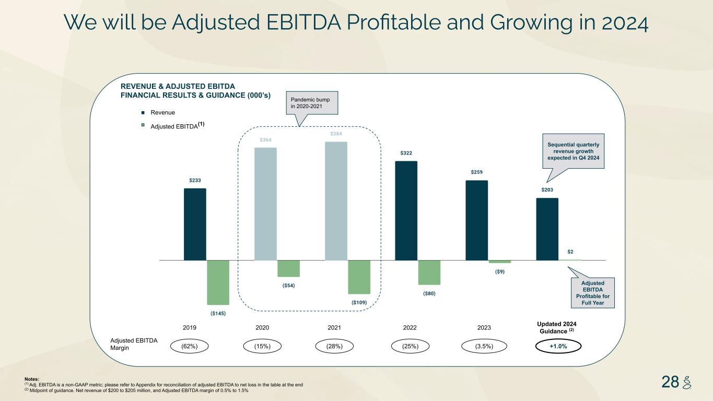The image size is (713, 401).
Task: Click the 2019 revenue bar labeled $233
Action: [195, 224]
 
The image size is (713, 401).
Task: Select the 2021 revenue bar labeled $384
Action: [336, 201]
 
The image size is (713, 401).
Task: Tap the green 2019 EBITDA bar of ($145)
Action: [218, 282]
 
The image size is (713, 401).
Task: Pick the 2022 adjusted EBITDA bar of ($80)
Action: [429, 272]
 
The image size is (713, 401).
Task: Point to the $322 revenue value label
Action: [406, 153]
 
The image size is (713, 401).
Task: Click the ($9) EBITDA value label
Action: [500, 272]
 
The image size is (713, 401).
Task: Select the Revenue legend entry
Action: [162, 113]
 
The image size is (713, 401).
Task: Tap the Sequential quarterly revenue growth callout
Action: [573, 151]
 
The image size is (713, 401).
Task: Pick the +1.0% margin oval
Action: [558, 346]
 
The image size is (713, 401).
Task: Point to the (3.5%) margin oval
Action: [484, 346]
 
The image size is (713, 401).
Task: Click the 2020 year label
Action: [262, 328]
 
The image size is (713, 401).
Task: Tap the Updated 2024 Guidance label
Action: [557, 327]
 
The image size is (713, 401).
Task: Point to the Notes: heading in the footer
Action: [32, 379]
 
